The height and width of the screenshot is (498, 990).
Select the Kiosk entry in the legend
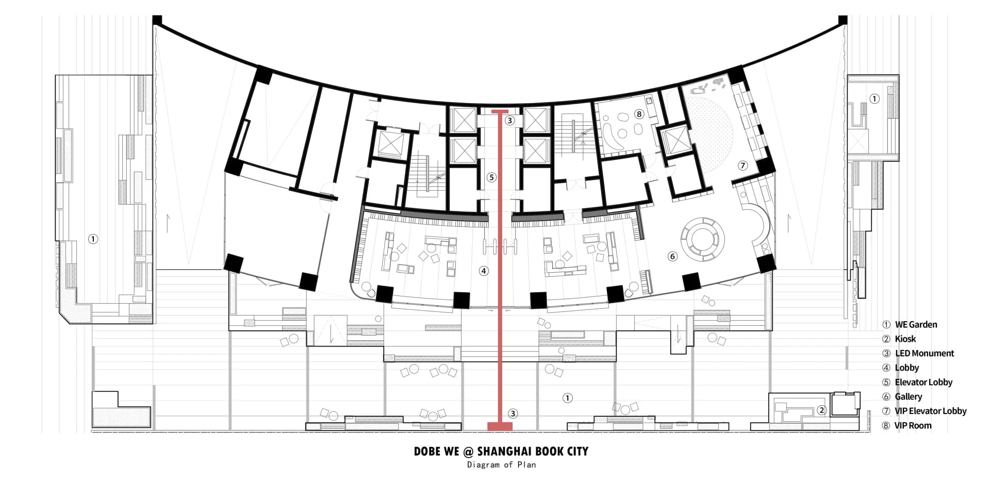pyautogui.click(x=905, y=339)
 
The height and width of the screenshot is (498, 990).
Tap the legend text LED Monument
pyautogui.click(x=925, y=354)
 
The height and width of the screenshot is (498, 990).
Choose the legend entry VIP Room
pyautogui.click(x=913, y=426)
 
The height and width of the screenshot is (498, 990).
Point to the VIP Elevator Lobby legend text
pyautogui.click(x=931, y=411)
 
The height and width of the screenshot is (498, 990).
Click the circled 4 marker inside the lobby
pyautogui.click(x=484, y=271)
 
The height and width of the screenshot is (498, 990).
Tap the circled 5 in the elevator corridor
pyautogui.click(x=491, y=177)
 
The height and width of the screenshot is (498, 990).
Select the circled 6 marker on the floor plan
pyautogui.click(x=672, y=256)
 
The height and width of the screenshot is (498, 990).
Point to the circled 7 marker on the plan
pyautogui.click(x=742, y=165)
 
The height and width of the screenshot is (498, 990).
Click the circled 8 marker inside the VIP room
pyautogui.click(x=639, y=114)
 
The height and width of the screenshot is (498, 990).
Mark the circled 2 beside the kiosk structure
pyautogui.click(x=822, y=410)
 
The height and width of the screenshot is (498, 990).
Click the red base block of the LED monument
pyautogui.click(x=500, y=426)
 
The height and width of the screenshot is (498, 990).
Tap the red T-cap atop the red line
pyautogui.click(x=500, y=111)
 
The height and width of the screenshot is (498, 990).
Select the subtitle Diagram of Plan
pyautogui.click(x=501, y=465)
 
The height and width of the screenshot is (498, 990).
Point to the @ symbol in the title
pyautogui.click(x=468, y=452)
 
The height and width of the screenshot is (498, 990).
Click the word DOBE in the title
pyautogui.click(x=426, y=452)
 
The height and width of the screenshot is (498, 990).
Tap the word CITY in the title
pyautogui.click(x=576, y=452)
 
